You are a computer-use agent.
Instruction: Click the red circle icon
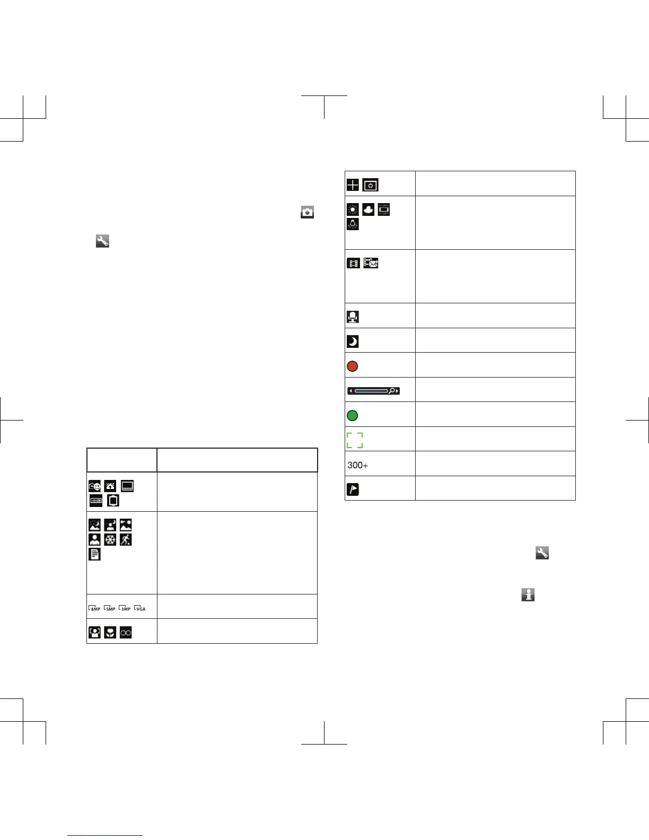tap(352, 366)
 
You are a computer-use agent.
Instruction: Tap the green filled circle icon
tap(352, 416)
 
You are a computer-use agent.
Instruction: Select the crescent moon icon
tap(352, 342)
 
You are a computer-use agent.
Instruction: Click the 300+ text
tap(358, 465)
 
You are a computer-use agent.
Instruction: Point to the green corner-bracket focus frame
tap(355, 440)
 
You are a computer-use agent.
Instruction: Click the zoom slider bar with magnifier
tap(374, 391)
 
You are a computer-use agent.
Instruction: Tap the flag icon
tap(353, 489)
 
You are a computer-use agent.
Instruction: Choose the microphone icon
tap(353, 317)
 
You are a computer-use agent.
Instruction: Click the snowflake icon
tap(110, 540)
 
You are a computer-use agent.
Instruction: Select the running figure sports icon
tap(126, 540)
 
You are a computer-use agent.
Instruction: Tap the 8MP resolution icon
tap(94, 608)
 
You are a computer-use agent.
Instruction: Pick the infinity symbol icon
tap(126, 633)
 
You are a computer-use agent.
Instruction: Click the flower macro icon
tap(110, 633)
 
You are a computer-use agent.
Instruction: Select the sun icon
tap(353, 209)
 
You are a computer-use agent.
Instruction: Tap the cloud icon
tap(368, 209)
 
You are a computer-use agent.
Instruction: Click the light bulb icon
tap(353, 224)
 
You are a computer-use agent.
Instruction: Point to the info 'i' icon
tap(528, 594)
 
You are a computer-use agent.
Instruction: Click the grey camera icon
tap(307, 212)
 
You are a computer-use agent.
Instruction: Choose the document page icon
tap(94, 555)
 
